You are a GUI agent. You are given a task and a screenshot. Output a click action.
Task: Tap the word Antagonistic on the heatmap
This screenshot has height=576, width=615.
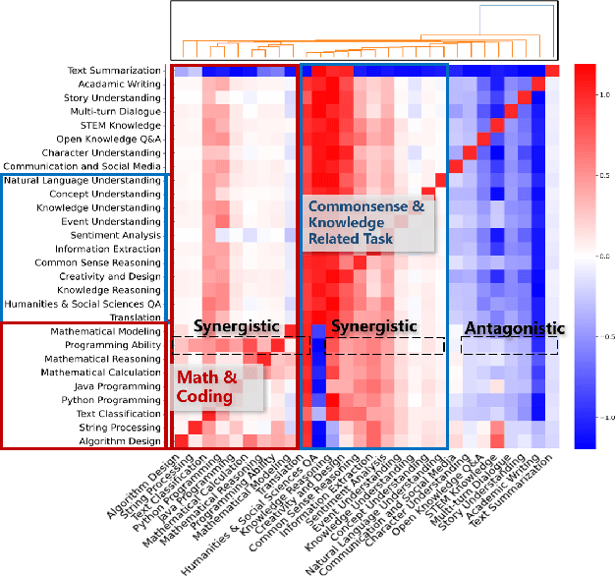coord(514,328)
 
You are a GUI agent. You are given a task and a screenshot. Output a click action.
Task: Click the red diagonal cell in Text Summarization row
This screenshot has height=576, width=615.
coord(553,71)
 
